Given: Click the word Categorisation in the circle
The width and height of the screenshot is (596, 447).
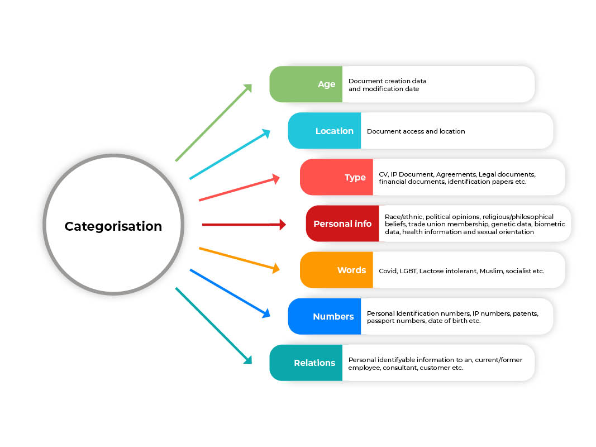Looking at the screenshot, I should click(x=113, y=226).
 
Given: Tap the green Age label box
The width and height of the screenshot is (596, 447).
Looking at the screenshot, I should click(x=306, y=84).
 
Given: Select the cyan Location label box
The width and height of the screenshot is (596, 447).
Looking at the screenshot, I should click(x=325, y=131).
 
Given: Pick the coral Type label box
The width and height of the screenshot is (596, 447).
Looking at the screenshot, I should click(x=336, y=177).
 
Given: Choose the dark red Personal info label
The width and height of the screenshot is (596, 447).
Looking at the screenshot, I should click(x=342, y=223).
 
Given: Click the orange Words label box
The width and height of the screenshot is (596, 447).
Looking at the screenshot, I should click(x=336, y=270).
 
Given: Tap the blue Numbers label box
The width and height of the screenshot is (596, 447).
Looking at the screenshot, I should click(x=325, y=316).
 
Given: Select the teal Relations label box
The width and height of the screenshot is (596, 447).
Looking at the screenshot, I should click(x=306, y=363).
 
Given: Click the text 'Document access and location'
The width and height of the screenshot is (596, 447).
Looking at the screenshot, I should click(x=416, y=131).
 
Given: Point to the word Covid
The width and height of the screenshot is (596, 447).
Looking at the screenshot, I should click(x=388, y=271).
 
